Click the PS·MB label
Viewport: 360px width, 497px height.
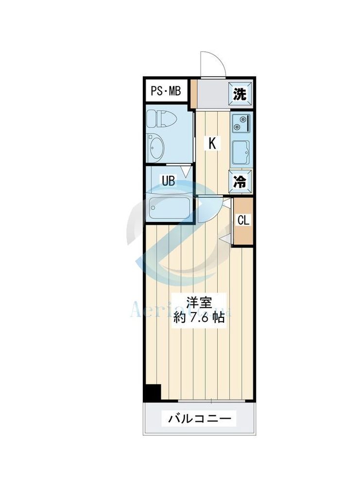(x=165, y=91)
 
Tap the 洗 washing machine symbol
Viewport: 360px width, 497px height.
(x=240, y=94)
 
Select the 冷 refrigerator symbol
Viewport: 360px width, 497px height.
(x=240, y=182)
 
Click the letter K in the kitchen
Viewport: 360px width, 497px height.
(x=212, y=143)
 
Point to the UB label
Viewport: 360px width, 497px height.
(x=168, y=182)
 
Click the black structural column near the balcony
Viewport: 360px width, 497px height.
(x=153, y=392)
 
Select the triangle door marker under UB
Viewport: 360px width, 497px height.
(x=186, y=171)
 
